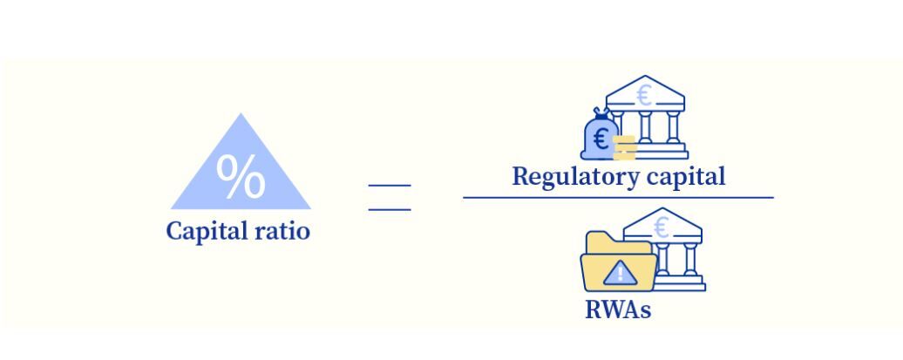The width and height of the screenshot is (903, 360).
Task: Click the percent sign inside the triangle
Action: pos(241,178)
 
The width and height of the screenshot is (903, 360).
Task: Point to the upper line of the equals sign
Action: pos(389,186)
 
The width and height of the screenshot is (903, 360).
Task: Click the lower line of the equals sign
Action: pos(389,209)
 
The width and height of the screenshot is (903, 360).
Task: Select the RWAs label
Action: pos(617,309)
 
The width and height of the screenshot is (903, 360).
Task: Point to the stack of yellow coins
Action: pos(624,148)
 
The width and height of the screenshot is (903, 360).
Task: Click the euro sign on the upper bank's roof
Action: pos(644,94)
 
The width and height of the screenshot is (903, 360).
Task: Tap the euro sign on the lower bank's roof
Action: pos(662,228)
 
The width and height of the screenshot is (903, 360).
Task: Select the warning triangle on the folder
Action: pos(620,274)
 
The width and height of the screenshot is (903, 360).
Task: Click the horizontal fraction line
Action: pos(617,198)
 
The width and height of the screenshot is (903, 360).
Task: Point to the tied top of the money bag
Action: pos(600,113)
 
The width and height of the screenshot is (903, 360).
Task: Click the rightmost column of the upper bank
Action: pos(673,127)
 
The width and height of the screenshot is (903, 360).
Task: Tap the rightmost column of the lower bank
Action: pos(689,259)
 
